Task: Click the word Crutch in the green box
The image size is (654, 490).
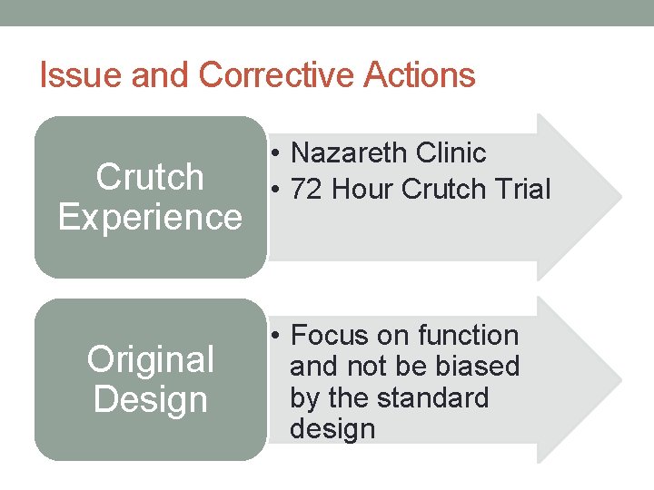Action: [x=150, y=177]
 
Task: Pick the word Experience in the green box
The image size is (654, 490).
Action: [x=150, y=218]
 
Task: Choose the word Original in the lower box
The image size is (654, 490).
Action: [x=150, y=359]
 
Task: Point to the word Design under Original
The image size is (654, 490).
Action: [x=150, y=399]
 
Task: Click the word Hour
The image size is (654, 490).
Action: [x=363, y=190]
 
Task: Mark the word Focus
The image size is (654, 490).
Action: [x=331, y=336]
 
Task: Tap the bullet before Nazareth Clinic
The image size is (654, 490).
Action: [x=275, y=154]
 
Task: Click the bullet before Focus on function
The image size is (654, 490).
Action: [x=275, y=337]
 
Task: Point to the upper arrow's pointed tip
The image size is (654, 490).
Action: [x=619, y=196]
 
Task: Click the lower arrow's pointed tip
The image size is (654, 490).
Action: [x=619, y=379]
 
